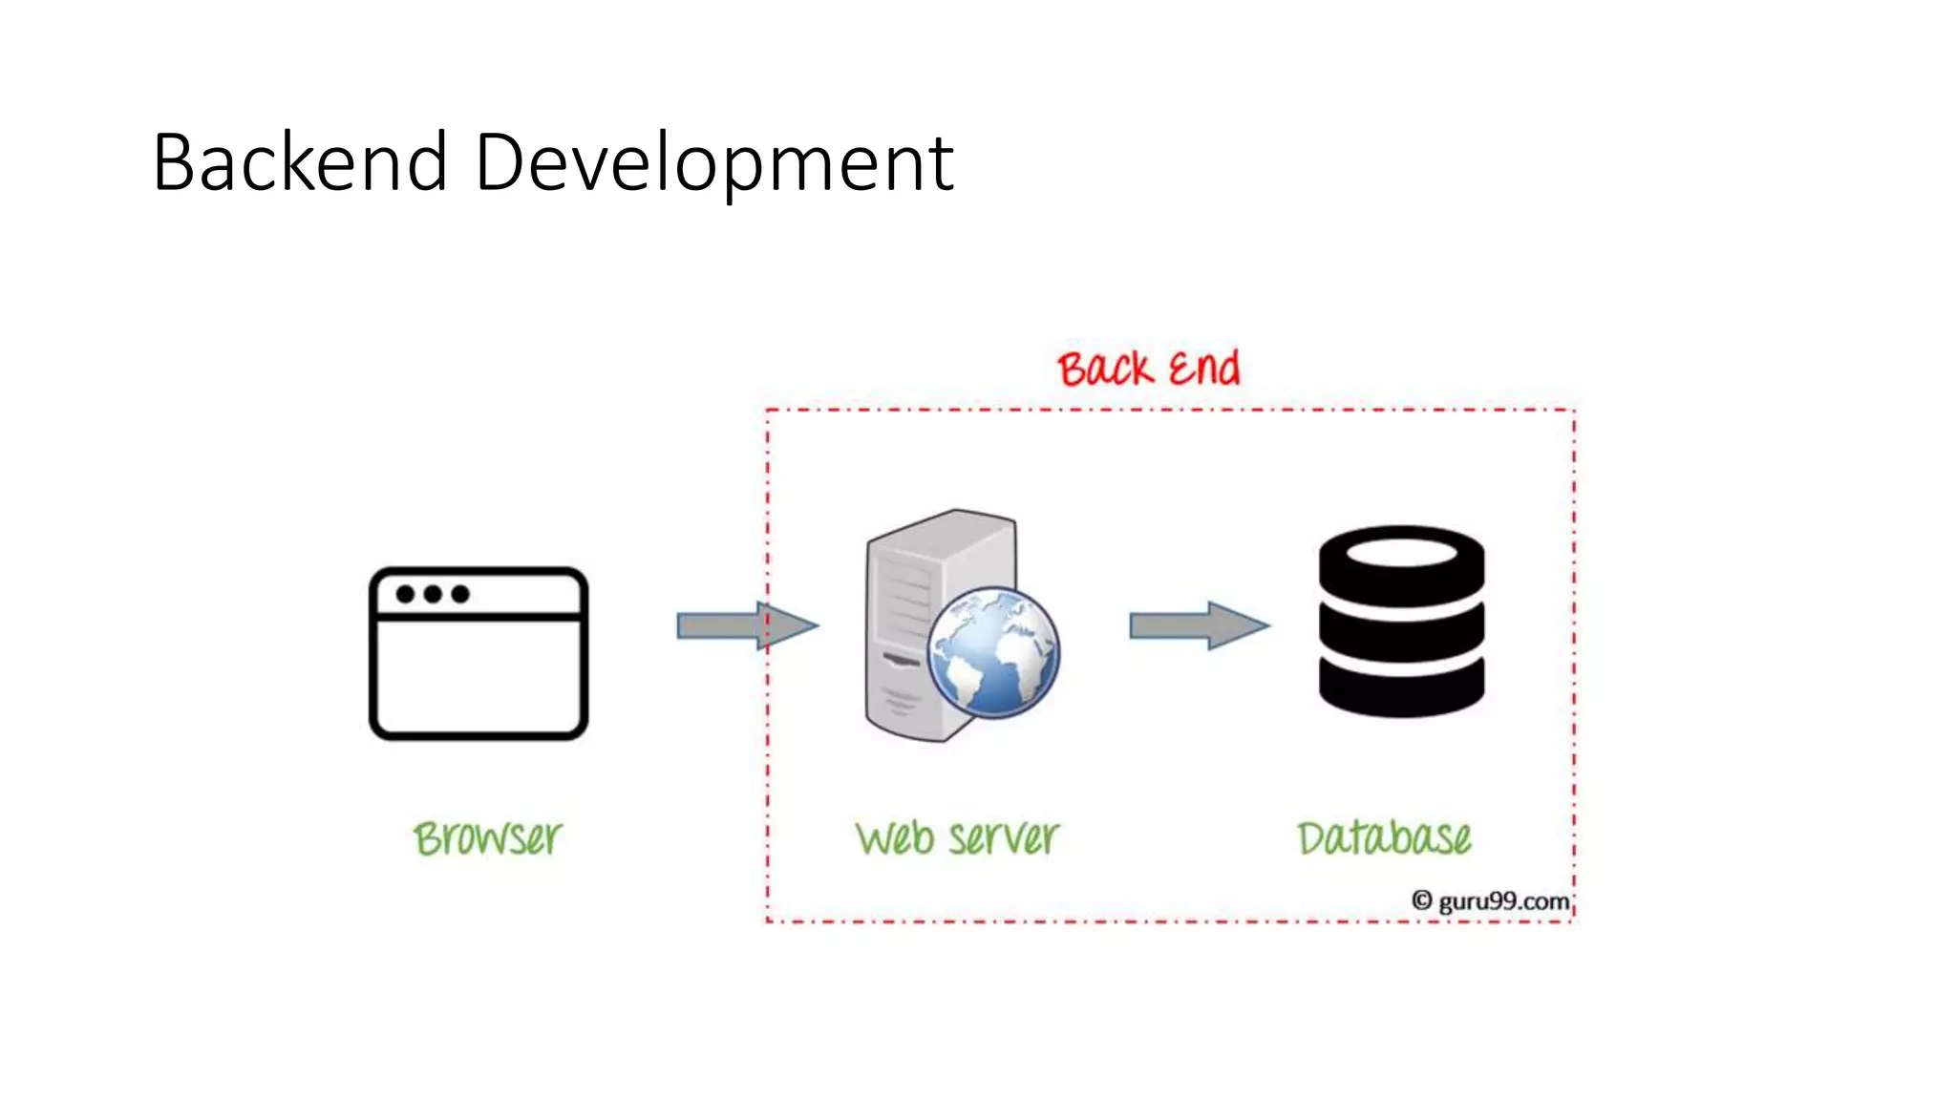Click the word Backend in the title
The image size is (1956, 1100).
pyautogui.click(x=300, y=162)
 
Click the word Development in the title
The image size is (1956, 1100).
pyautogui.click(x=713, y=164)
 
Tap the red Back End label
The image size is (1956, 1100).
pyautogui.click(x=1148, y=370)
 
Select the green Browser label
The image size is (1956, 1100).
pyautogui.click(x=487, y=838)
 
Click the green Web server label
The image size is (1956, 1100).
pyautogui.click(x=957, y=838)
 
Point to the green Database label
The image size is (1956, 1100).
pyautogui.click(x=1384, y=838)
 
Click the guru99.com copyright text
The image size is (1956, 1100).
pyautogui.click(x=1502, y=901)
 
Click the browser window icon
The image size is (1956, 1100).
pyautogui.click(x=478, y=654)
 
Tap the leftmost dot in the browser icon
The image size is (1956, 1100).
pyautogui.click(x=406, y=594)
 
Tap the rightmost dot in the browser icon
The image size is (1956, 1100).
pyautogui.click(x=460, y=594)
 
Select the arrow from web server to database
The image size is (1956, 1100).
pyautogui.click(x=1200, y=626)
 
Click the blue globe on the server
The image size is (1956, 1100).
pyautogui.click(x=993, y=652)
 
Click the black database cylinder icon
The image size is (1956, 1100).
pyautogui.click(x=1401, y=622)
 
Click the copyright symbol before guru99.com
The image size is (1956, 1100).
pyautogui.click(x=1422, y=900)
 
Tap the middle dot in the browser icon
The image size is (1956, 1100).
pyautogui.click(x=433, y=594)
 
